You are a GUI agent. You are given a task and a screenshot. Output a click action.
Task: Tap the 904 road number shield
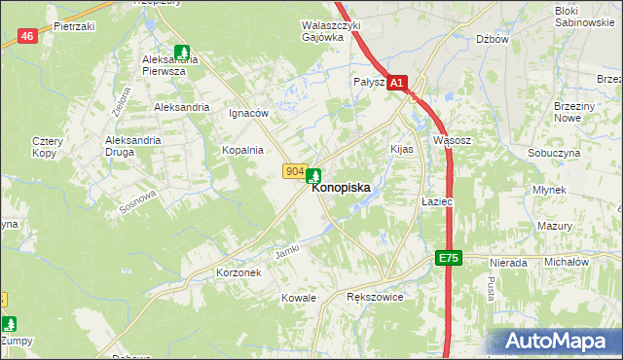(x=295, y=171)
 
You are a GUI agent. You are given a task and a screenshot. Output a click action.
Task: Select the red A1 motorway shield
(x=396, y=85)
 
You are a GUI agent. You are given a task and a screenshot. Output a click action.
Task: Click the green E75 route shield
(x=447, y=258)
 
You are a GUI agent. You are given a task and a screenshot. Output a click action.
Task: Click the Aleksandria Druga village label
(x=132, y=146)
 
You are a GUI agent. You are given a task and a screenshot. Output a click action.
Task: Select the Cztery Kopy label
(x=47, y=147)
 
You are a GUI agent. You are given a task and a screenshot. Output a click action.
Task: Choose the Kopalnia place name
(x=242, y=150)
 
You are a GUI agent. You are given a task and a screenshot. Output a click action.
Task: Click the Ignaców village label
(x=247, y=113)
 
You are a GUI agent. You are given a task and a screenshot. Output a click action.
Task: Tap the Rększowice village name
(x=375, y=296)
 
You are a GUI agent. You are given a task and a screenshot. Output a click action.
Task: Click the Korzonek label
(x=238, y=273)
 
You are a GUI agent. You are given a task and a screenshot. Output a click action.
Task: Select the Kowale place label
(x=299, y=296)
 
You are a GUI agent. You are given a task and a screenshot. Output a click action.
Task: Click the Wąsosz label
(x=452, y=140)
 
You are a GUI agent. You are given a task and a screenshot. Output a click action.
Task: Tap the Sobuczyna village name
(x=554, y=154)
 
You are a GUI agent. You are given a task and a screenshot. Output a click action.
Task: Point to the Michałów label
(x=567, y=263)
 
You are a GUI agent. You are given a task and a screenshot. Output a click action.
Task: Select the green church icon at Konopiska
(x=314, y=177)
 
